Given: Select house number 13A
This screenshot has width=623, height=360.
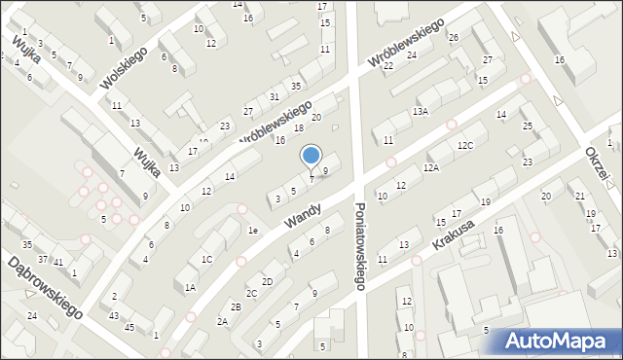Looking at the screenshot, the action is point(420,112).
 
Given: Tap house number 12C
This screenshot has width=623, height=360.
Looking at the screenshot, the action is point(465,146).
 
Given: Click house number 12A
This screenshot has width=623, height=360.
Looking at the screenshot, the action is point(431,167).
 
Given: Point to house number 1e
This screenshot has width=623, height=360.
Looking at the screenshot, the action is point(252,231).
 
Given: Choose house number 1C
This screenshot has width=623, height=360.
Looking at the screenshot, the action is point(206,259).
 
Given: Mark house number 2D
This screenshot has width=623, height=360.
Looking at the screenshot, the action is point(267,281).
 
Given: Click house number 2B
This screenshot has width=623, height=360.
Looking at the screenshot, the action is point(236,307).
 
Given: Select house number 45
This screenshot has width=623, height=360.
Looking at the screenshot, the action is point(129,327).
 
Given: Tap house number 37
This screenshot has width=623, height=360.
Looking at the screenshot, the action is point(43,259).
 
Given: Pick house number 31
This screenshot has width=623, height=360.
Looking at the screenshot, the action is point(275,96).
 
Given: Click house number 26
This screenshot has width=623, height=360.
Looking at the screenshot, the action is point(454,38).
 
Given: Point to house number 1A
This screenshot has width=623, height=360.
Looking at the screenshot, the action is point(191,287).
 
